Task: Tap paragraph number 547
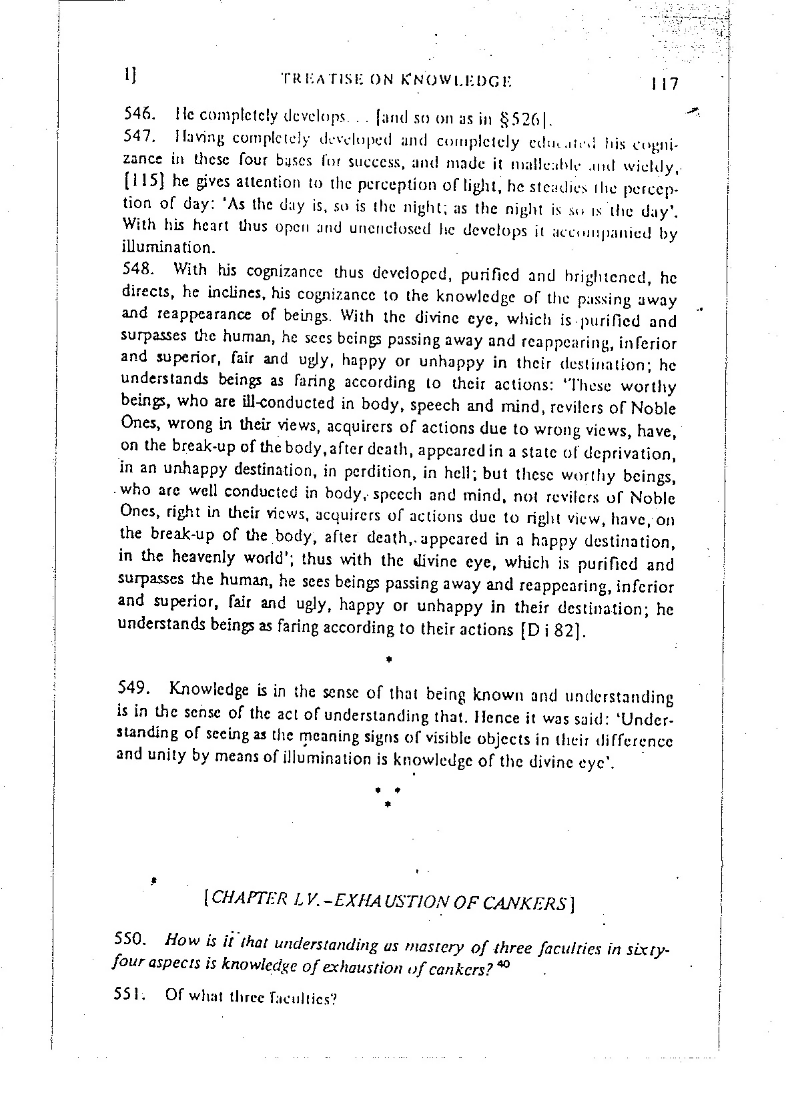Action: (139, 137)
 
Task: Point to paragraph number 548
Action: (139, 270)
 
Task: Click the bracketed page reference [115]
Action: (144, 181)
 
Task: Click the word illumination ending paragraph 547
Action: (167, 248)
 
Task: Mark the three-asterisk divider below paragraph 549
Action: (387, 796)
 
